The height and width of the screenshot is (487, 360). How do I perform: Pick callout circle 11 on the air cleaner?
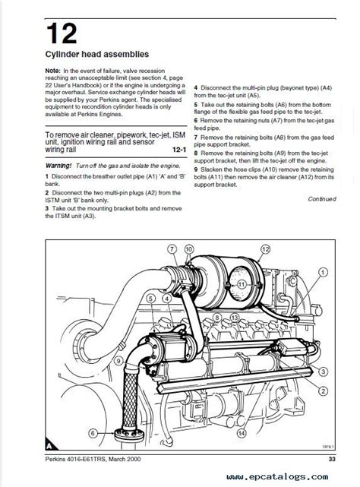(x=242, y=283)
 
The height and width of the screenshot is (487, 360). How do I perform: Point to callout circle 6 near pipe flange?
(x=93, y=433)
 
